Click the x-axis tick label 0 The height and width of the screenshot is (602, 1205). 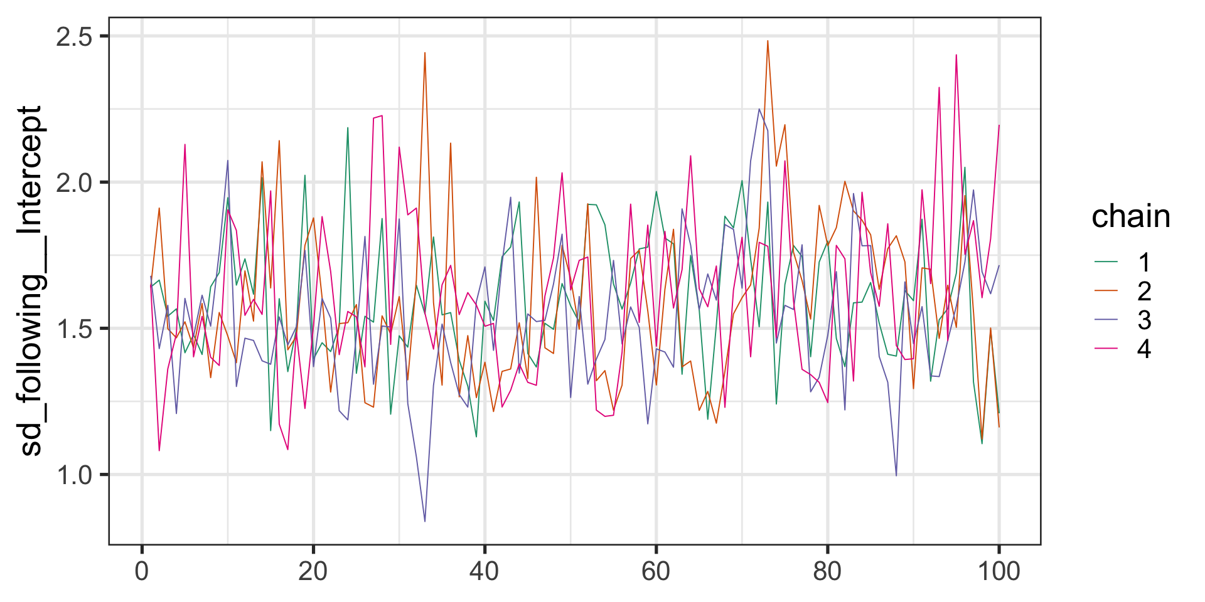pos(142,572)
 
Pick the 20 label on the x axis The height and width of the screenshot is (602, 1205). pos(313,572)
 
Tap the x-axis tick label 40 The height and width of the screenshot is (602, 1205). pos(485,572)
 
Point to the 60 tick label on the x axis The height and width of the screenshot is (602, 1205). pos(656,572)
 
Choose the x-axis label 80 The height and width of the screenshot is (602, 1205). pos(827,572)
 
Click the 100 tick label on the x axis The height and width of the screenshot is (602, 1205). pos(999,572)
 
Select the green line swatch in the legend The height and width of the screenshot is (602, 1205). pos(1106,261)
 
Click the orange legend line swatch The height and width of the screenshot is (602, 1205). pos(1106,290)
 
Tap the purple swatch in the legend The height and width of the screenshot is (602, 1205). pos(1106,319)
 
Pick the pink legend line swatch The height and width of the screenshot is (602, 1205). pos(1106,348)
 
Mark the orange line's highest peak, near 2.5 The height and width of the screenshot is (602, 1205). pos(768,41)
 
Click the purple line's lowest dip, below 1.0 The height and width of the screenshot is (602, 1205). pos(425,521)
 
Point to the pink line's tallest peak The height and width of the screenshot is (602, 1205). pos(956,55)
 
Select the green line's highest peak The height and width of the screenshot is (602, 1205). pos(348,128)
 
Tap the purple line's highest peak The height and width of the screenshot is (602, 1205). pos(759,110)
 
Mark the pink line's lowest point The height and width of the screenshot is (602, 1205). pos(159,450)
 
